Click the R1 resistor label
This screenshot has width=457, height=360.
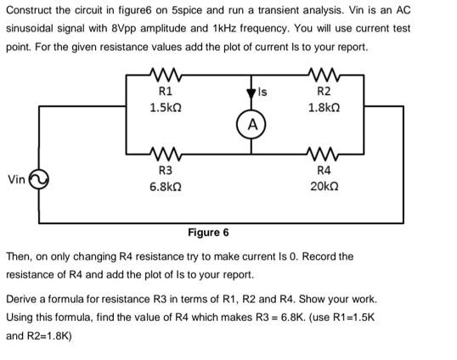click(x=165, y=91)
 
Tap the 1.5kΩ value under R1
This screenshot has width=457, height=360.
click(x=165, y=108)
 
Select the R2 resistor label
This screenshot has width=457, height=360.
click(x=324, y=91)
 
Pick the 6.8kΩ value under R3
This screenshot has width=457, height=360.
click(x=165, y=188)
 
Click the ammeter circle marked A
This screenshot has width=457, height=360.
click(x=252, y=124)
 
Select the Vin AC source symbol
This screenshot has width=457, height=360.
click(x=37, y=179)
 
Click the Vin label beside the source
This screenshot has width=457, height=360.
click(x=15, y=179)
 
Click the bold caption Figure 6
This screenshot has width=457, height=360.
click(x=208, y=233)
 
